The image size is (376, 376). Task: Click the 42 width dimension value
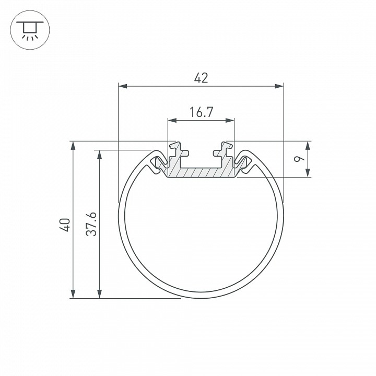pyautogui.click(x=201, y=78)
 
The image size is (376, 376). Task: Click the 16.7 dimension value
pyautogui.click(x=201, y=112)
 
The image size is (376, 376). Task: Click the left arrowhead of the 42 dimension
pyautogui.click(x=123, y=86)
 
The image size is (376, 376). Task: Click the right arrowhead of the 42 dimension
pyautogui.click(x=279, y=86)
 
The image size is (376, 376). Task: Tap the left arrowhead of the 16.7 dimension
pyautogui.click(x=172, y=121)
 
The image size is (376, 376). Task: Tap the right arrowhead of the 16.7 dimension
pyautogui.click(x=230, y=121)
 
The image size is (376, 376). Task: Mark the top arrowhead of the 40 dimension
pyautogui.click(x=73, y=146)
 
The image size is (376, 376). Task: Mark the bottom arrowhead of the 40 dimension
pyautogui.click(x=73, y=294)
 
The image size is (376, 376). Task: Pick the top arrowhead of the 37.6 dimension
pyautogui.click(x=99, y=155)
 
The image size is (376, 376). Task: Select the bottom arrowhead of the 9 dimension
pyautogui.click(x=308, y=173)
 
